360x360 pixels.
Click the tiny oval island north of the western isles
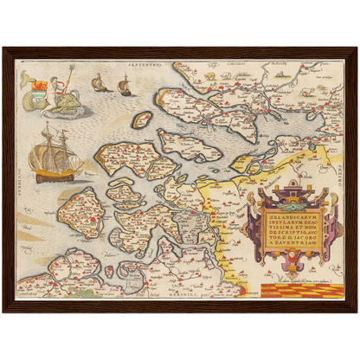click(x=142, y=119)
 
